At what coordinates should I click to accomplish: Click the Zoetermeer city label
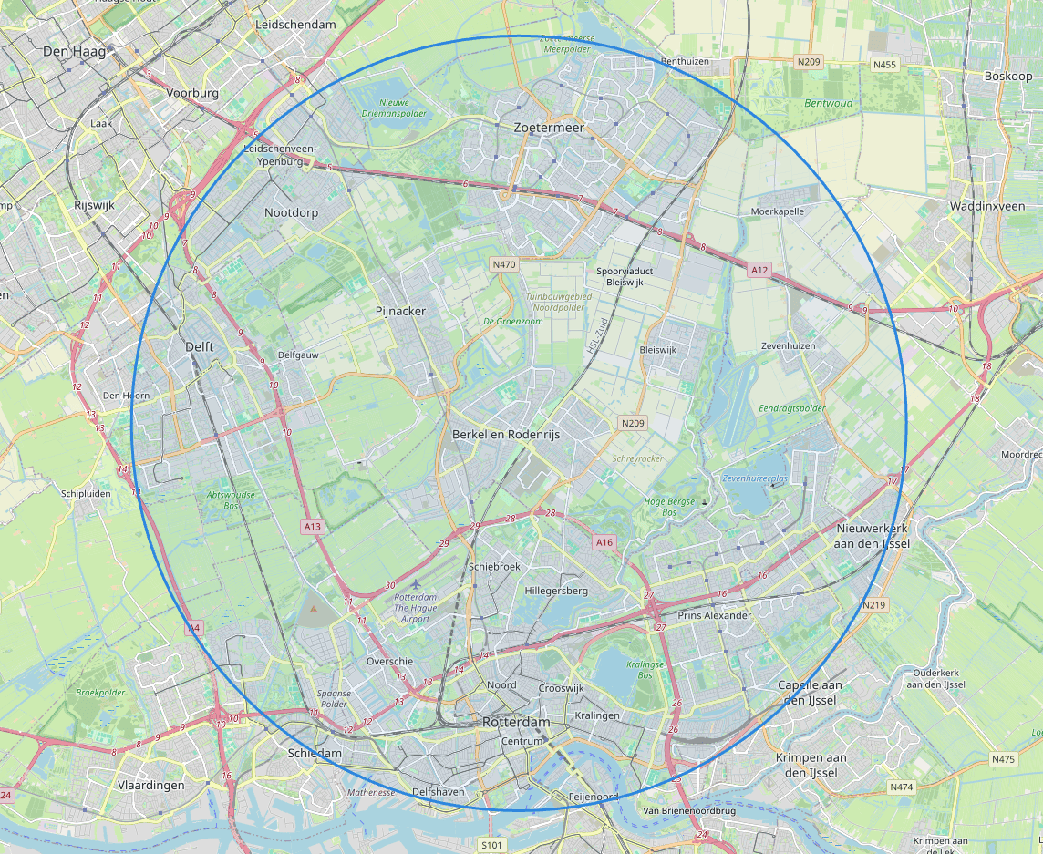click(x=548, y=129)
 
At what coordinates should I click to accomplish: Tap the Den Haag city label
click(x=74, y=52)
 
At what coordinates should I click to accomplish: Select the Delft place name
click(x=199, y=346)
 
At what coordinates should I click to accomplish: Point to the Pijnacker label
click(x=400, y=311)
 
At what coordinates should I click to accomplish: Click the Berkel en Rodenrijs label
click(x=505, y=435)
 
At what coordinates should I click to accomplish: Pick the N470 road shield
click(x=503, y=265)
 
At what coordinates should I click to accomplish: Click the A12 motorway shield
click(x=759, y=270)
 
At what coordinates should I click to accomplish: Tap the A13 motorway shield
click(x=313, y=526)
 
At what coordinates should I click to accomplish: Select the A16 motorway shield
click(x=604, y=542)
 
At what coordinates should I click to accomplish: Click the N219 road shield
click(x=873, y=605)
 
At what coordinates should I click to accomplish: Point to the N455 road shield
click(x=883, y=65)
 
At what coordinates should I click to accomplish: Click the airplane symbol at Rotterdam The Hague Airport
click(x=417, y=583)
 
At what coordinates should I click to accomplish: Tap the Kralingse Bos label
click(x=645, y=671)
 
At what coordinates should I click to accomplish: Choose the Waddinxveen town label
click(x=986, y=206)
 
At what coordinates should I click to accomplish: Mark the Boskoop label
click(x=1007, y=76)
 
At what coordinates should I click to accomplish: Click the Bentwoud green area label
click(x=829, y=103)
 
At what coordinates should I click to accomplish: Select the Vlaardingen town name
click(x=151, y=785)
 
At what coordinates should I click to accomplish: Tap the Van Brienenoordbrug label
click(x=688, y=810)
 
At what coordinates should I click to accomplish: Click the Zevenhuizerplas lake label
click(x=754, y=478)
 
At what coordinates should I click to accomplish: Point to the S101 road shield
click(x=491, y=845)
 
